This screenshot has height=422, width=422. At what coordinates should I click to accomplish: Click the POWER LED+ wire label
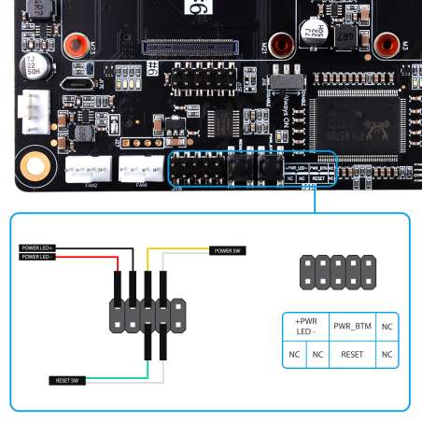pyautogui.click(x=38, y=248)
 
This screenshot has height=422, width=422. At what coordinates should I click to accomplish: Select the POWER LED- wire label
pyautogui.click(x=38, y=256)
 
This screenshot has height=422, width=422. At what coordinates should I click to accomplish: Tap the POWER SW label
pyautogui.click(x=227, y=250)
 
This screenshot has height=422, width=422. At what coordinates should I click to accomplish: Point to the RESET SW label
pyautogui.click(x=67, y=380)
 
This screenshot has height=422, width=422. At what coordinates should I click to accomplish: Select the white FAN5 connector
pyautogui.click(x=140, y=168)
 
